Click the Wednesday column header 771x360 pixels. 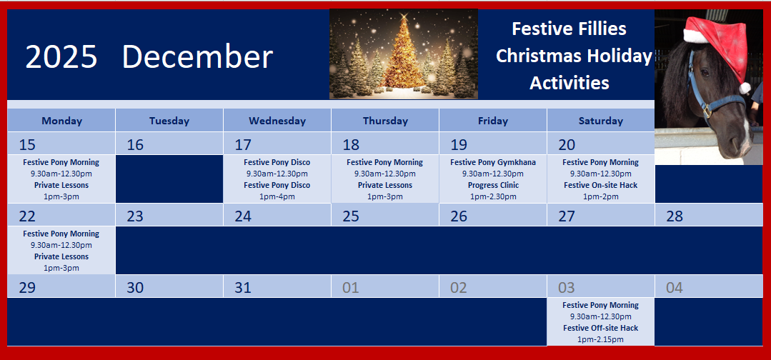click(277, 121)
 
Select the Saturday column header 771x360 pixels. click(600, 121)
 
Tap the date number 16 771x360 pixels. click(135, 144)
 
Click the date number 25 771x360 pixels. click(351, 216)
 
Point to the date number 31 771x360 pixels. click(243, 287)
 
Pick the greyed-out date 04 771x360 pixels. click(674, 287)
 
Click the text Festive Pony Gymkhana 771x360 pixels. click(493, 162)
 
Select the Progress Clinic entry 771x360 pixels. click(493, 185)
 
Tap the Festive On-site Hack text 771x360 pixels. click(600, 185)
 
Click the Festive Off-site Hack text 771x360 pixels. click(600, 328)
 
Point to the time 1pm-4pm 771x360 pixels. click(277, 196)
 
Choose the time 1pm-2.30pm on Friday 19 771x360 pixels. click(493, 196)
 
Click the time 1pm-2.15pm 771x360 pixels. click(600, 339)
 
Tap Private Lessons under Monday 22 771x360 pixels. click(61, 256)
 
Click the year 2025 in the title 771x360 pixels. click(61, 56)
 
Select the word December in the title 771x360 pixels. click(197, 56)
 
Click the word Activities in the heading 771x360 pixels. click(569, 83)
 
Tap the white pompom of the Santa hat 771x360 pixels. click(745, 88)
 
